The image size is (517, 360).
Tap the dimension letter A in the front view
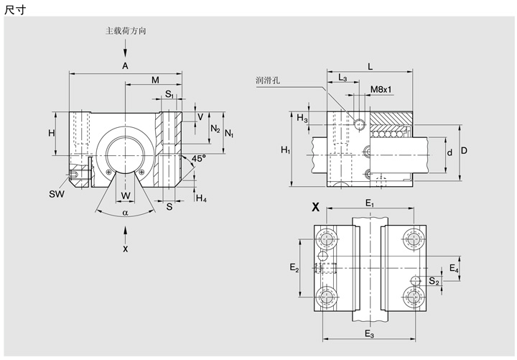[125, 65]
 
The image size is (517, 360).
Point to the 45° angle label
[198, 157]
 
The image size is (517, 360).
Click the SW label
[57, 194]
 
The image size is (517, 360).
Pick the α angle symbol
[126, 212]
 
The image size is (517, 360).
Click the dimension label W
[126, 195]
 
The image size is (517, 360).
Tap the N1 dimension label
[229, 134]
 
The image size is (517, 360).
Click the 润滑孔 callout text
[268, 80]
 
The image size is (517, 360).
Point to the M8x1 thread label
[381, 90]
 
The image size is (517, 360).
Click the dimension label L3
[343, 78]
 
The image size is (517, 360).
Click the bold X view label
[315, 208]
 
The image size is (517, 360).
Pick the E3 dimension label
[369, 335]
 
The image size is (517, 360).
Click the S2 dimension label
[434, 282]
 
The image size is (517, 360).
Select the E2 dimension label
[294, 267]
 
